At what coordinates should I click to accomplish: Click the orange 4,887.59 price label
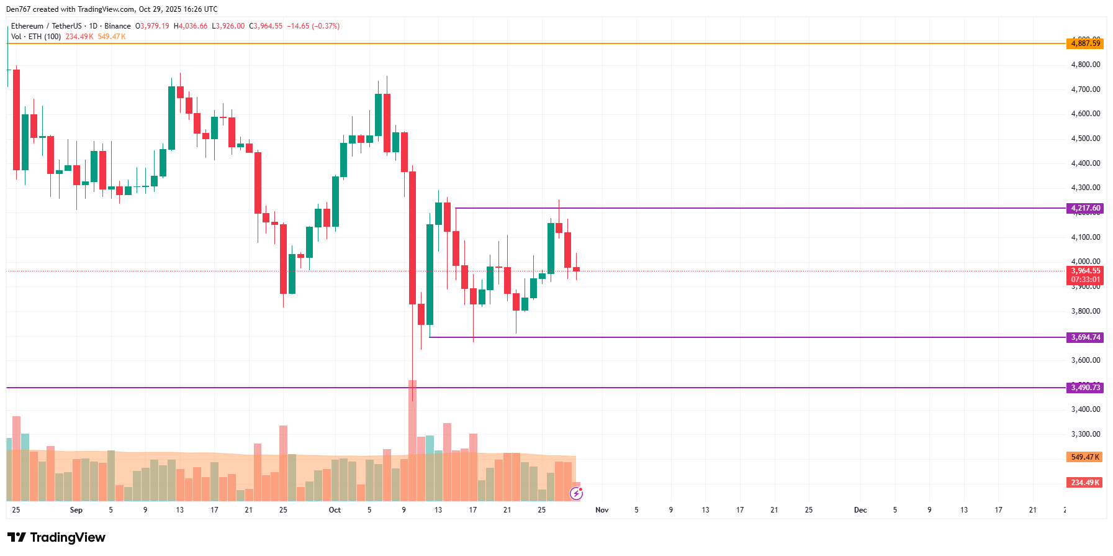[x=1085, y=43]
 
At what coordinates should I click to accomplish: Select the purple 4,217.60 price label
[x=1085, y=208]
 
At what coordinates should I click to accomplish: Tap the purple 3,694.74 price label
[x=1085, y=337]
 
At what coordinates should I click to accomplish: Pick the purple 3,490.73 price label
[x=1085, y=388]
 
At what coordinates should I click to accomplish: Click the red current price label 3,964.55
[x=1085, y=271]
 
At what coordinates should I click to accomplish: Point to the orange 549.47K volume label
[x=1084, y=457]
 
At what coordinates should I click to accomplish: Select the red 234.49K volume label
[x=1084, y=483]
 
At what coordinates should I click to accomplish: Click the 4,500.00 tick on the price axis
[x=1085, y=139]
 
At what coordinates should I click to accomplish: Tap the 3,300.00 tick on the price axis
[x=1085, y=434]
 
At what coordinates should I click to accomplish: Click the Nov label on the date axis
[x=602, y=510]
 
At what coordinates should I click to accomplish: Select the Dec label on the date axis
[x=860, y=510]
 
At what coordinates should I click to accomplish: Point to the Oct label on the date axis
[x=335, y=510]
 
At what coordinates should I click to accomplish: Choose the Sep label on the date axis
[x=76, y=510]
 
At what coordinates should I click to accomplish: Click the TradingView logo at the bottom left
[x=56, y=537]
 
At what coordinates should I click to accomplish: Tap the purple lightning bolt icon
[x=576, y=494]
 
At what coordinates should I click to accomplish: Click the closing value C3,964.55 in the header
[x=266, y=26]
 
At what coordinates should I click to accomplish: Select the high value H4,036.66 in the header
[x=191, y=26]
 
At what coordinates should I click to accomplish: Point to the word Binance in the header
[x=117, y=26]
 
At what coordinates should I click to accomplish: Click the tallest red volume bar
[x=412, y=441]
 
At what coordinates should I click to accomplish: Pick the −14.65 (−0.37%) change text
[x=313, y=26]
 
